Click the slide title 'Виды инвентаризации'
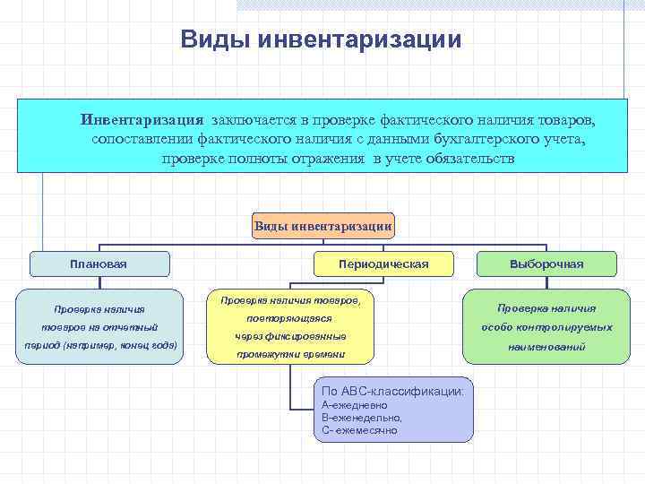pyautogui.click(x=322, y=40)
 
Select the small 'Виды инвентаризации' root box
pyautogui.click(x=323, y=225)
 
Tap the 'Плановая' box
pyautogui.click(x=99, y=264)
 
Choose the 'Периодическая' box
pyautogui.click(x=384, y=264)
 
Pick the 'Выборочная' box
pyautogui.click(x=546, y=264)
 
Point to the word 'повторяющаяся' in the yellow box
pyautogui.click(x=290, y=318)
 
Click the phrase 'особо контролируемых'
pyautogui.click(x=546, y=327)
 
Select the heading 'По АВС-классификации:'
pyautogui.click(x=393, y=392)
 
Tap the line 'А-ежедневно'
pyautogui.click(x=355, y=405)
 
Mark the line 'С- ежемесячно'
pyautogui.click(x=359, y=430)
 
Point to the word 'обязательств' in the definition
pyautogui.click(x=471, y=160)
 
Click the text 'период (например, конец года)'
pyautogui.click(x=100, y=345)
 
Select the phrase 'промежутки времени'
pyautogui.click(x=290, y=356)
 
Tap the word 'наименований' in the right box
pyautogui.click(x=546, y=346)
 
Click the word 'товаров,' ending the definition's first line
pyautogui.click(x=567, y=120)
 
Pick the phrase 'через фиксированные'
pyautogui.click(x=290, y=337)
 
